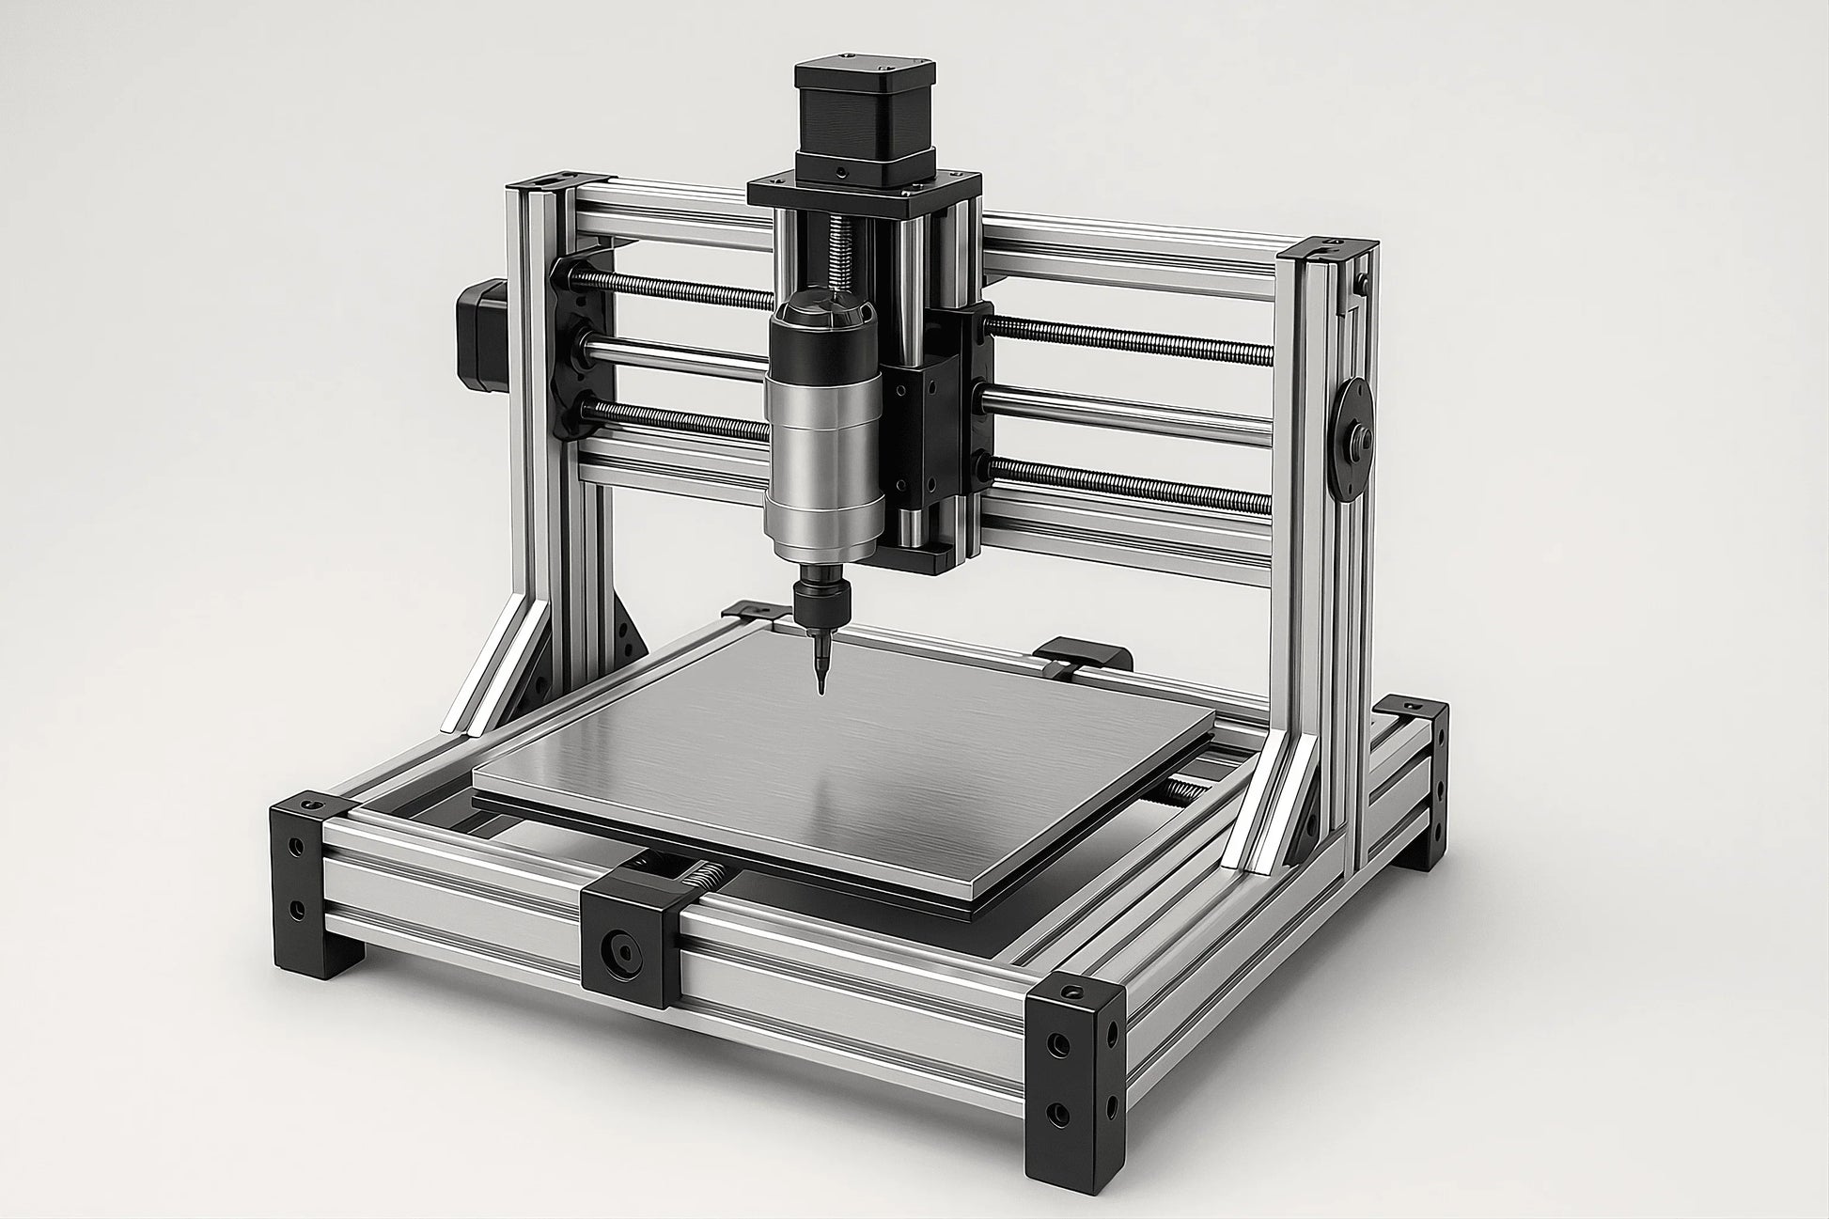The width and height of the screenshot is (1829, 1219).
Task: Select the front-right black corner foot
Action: click(1077, 1062)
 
